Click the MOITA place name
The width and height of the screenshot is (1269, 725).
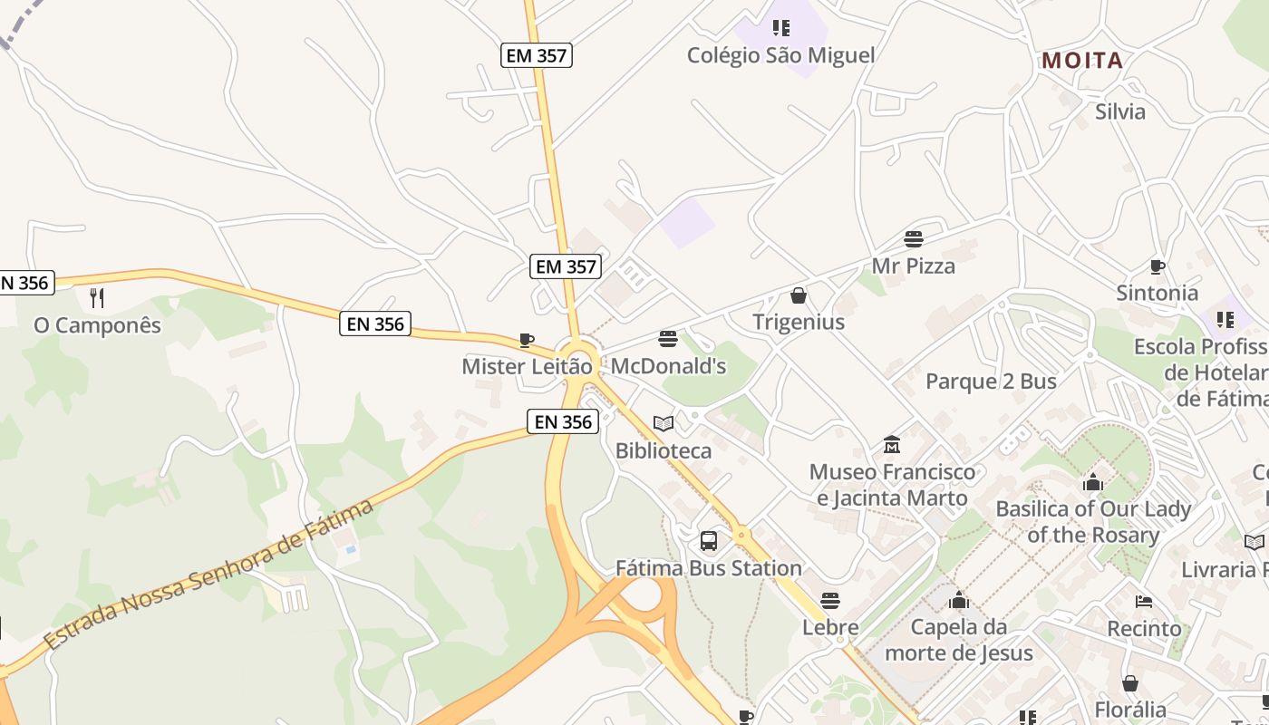coord(1082,61)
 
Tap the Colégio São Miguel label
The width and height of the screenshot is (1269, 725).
coord(780,55)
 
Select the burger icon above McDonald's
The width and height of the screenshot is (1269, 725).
coord(668,339)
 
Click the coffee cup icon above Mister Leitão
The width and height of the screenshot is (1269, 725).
coord(526,340)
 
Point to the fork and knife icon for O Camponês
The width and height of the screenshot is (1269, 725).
coord(97,297)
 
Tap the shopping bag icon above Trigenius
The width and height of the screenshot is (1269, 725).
coord(799,295)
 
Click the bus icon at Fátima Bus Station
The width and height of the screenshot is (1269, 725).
coord(709,541)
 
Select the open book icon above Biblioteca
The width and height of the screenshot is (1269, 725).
coord(664,423)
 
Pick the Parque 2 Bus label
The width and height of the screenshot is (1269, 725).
coord(991,382)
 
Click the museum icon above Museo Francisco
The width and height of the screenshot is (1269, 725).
coord(892,444)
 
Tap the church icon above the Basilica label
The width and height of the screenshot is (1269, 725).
coord(1093,482)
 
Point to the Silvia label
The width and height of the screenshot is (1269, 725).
coord(1120,111)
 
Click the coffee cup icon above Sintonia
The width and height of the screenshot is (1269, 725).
coord(1158,266)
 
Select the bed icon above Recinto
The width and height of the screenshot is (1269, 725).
coord(1144,601)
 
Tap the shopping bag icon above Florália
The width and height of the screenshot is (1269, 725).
coord(1130,682)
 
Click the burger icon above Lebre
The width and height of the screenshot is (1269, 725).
coord(830,600)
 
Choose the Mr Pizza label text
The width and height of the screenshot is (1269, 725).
coord(913,266)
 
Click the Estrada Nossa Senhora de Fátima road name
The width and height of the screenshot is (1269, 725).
coord(208,574)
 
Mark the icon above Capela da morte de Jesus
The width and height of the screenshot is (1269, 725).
coord(959,600)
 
